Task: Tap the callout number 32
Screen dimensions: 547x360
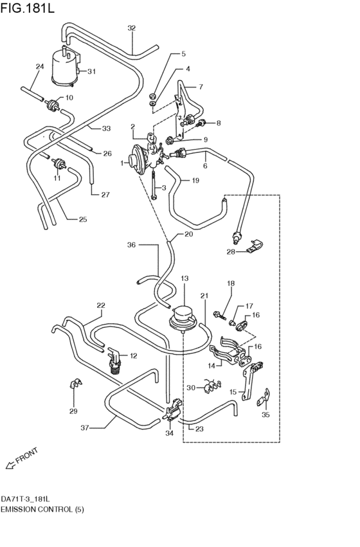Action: tap(131, 28)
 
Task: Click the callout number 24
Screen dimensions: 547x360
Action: tap(40, 66)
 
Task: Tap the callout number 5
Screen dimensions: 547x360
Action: tap(183, 55)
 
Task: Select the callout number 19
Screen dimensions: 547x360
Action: tap(195, 181)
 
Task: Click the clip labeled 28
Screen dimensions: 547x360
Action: tap(255, 244)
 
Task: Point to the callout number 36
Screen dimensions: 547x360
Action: tap(131, 244)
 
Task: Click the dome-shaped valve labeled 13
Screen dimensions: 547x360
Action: tap(184, 318)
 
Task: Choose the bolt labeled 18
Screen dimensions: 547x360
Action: tap(221, 315)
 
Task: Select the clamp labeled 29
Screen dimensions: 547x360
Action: tap(74, 387)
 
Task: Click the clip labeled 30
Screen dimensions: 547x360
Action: tap(208, 387)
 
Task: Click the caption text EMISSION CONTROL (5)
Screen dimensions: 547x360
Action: tap(42, 509)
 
